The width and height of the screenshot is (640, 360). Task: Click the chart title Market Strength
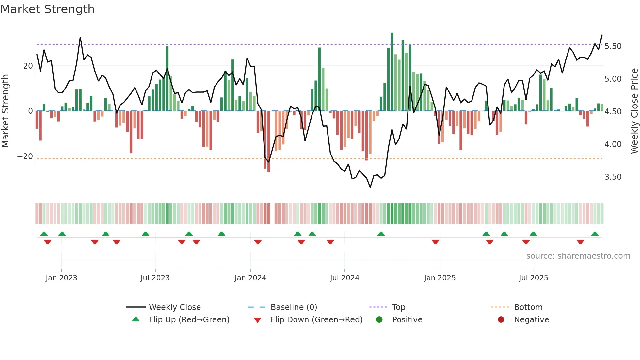pos(47,9)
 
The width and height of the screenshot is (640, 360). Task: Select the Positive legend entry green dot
pos(379,319)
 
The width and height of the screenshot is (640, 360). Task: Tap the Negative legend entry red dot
pos(501,319)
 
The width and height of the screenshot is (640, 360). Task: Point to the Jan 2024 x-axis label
pos(250,278)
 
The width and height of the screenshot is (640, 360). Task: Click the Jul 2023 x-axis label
pos(155,278)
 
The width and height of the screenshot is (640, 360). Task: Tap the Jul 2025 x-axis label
pos(533,278)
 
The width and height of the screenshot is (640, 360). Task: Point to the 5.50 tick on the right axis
pos(613,46)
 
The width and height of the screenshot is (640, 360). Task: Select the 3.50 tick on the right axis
pos(613,177)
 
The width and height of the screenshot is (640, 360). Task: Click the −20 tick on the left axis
pos(25,156)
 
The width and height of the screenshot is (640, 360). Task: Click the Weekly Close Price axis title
pos(634,111)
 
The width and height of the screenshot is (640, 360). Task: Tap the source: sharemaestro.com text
pos(578,256)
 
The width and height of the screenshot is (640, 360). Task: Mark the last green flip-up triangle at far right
pos(595,234)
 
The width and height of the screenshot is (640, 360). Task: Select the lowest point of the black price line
pos(370,187)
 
